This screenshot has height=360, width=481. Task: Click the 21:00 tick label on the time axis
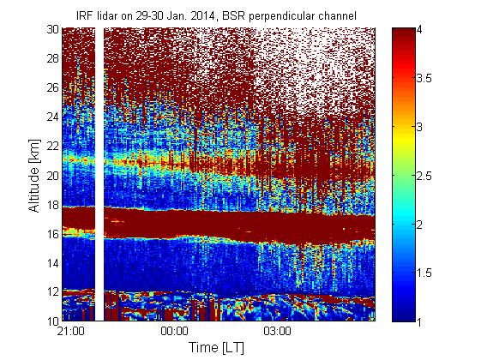point(70,332)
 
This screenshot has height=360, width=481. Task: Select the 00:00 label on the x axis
point(174,332)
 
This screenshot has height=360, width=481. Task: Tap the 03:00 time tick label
point(277,332)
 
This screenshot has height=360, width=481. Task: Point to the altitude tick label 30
point(52,29)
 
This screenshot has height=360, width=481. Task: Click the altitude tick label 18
point(52,205)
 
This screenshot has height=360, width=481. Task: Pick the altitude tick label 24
point(52,117)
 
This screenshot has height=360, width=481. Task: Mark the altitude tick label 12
point(52,291)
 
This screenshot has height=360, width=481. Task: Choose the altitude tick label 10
point(52,321)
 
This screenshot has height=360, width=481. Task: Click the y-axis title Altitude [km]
point(34,176)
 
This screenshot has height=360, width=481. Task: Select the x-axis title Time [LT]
point(217,348)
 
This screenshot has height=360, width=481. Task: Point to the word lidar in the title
point(106,15)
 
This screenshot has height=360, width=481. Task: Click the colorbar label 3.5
point(424,78)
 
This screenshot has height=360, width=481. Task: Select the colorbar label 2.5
point(424,176)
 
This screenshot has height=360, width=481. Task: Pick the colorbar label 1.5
point(424,273)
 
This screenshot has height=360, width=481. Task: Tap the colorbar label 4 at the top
point(419,30)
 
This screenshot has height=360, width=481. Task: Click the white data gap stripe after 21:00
point(99,174)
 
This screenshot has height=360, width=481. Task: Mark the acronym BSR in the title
point(234,15)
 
